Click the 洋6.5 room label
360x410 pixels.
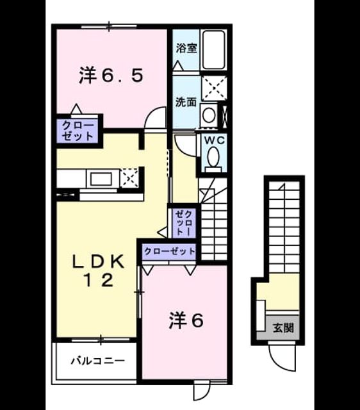coord(111,76)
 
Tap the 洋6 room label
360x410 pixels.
coord(186,320)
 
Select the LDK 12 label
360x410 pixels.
coord(98,271)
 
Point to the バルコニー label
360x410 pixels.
coord(98,361)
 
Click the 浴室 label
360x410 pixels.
coord(186,48)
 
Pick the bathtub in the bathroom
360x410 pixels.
coord(214,50)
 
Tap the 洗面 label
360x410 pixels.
coord(186,102)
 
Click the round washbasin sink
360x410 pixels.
coord(209,115)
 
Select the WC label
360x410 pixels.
coord(215,140)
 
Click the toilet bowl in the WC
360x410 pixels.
coord(213,156)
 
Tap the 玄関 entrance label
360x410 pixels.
coord(283,327)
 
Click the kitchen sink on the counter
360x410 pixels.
coord(101,179)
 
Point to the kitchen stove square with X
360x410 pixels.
coord(130,177)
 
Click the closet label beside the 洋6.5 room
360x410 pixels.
coord(78,131)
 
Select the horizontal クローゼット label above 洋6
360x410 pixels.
coord(170,251)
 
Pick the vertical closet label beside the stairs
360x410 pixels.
coord(184,223)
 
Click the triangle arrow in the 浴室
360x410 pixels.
coord(178,65)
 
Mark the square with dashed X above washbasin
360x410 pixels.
coord(214,88)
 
